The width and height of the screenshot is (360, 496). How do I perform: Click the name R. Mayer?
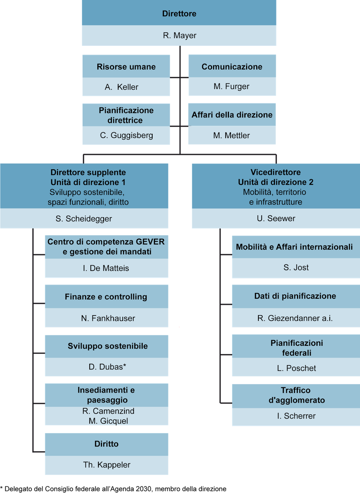pyautogui.click(x=179, y=36)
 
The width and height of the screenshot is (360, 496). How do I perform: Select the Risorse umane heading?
pyautogui.click(x=126, y=67)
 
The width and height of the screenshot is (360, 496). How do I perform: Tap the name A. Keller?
pyautogui.click(x=122, y=87)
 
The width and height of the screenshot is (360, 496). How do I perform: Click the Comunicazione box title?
pyautogui.click(x=232, y=67)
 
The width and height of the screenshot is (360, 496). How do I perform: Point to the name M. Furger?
pyautogui.click(x=231, y=87)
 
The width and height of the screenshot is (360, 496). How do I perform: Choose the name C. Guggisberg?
pyautogui.click(x=127, y=135)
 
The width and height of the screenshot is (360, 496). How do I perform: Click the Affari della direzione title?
pyautogui.click(x=232, y=115)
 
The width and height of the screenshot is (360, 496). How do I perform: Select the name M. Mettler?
pyautogui.click(x=231, y=135)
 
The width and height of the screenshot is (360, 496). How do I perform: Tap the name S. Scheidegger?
pyautogui.click(x=84, y=219)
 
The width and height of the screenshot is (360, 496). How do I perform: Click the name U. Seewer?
pyautogui.click(x=276, y=218)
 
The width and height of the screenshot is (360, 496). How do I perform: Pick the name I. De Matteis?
pyautogui.click(x=106, y=268)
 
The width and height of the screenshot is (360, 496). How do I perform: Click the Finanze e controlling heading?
pyautogui.click(x=106, y=297)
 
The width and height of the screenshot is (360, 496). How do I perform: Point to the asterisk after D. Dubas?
pyautogui.click(x=124, y=366)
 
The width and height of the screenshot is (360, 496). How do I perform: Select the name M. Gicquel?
pyautogui.click(x=108, y=421)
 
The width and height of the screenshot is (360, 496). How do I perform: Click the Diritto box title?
pyautogui.click(x=107, y=444)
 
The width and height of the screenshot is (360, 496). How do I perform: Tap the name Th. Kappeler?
pyautogui.click(x=107, y=465)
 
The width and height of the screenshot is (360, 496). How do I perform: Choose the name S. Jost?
pyautogui.click(x=296, y=268)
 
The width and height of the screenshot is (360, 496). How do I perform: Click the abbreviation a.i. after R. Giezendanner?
pyautogui.click(x=327, y=318)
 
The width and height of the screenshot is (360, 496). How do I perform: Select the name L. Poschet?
pyautogui.click(x=296, y=368)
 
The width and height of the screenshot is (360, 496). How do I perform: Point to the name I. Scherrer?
pyautogui.click(x=296, y=416)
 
